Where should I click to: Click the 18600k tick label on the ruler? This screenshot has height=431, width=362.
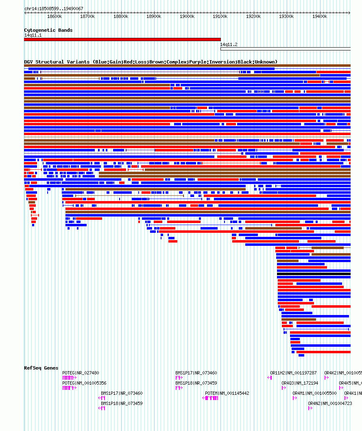click(x=55, y=16)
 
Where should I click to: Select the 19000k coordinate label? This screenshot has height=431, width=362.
click(x=187, y=16)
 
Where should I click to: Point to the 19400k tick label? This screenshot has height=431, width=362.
click(x=320, y=16)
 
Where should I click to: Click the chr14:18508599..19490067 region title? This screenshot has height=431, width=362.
click(x=54, y=9)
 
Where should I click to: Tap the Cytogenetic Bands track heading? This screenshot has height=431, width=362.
click(x=48, y=30)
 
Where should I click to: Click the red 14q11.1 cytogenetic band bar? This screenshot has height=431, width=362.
click(x=122, y=39)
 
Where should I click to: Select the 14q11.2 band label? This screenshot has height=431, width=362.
click(x=229, y=44)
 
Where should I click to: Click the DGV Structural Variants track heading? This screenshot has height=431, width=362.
click(x=150, y=62)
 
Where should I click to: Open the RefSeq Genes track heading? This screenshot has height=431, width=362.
click(x=41, y=368)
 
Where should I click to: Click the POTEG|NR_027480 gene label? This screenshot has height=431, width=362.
click(x=81, y=373)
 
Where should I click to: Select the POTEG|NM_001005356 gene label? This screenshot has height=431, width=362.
click(x=84, y=383)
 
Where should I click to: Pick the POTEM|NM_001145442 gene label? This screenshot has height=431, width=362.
click(x=227, y=393)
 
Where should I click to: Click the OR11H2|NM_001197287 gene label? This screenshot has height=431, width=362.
click(x=293, y=373)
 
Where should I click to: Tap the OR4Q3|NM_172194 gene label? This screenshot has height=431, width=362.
click(x=300, y=383)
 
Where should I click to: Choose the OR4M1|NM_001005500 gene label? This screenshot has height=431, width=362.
click(x=314, y=393)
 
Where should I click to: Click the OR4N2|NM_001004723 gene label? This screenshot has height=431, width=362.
click(x=329, y=403)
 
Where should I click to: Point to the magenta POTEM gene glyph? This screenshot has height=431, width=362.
click(x=211, y=398)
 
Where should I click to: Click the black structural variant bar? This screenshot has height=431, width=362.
click(x=314, y=274)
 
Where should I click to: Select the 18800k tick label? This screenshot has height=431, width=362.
click(x=121, y=16)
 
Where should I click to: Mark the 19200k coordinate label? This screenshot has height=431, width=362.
click(x=253, y=16)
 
